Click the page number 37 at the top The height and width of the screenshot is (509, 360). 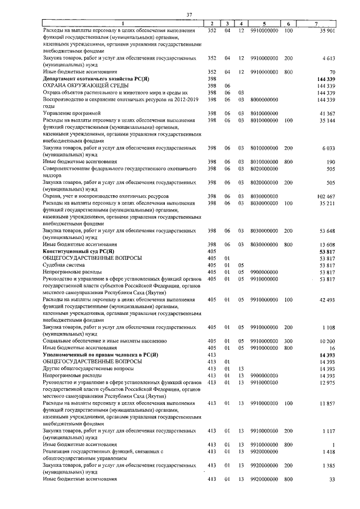click(x=189, y=14)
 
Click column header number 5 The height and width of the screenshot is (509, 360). click(x=264, y=23)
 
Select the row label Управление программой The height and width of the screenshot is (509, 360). click(x=69, y=114)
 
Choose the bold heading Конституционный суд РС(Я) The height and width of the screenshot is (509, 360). click(x=78, y=251)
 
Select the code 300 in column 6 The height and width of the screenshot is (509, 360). click(x=289, y=341)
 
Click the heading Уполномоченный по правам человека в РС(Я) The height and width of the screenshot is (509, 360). click(x=101, y=355)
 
